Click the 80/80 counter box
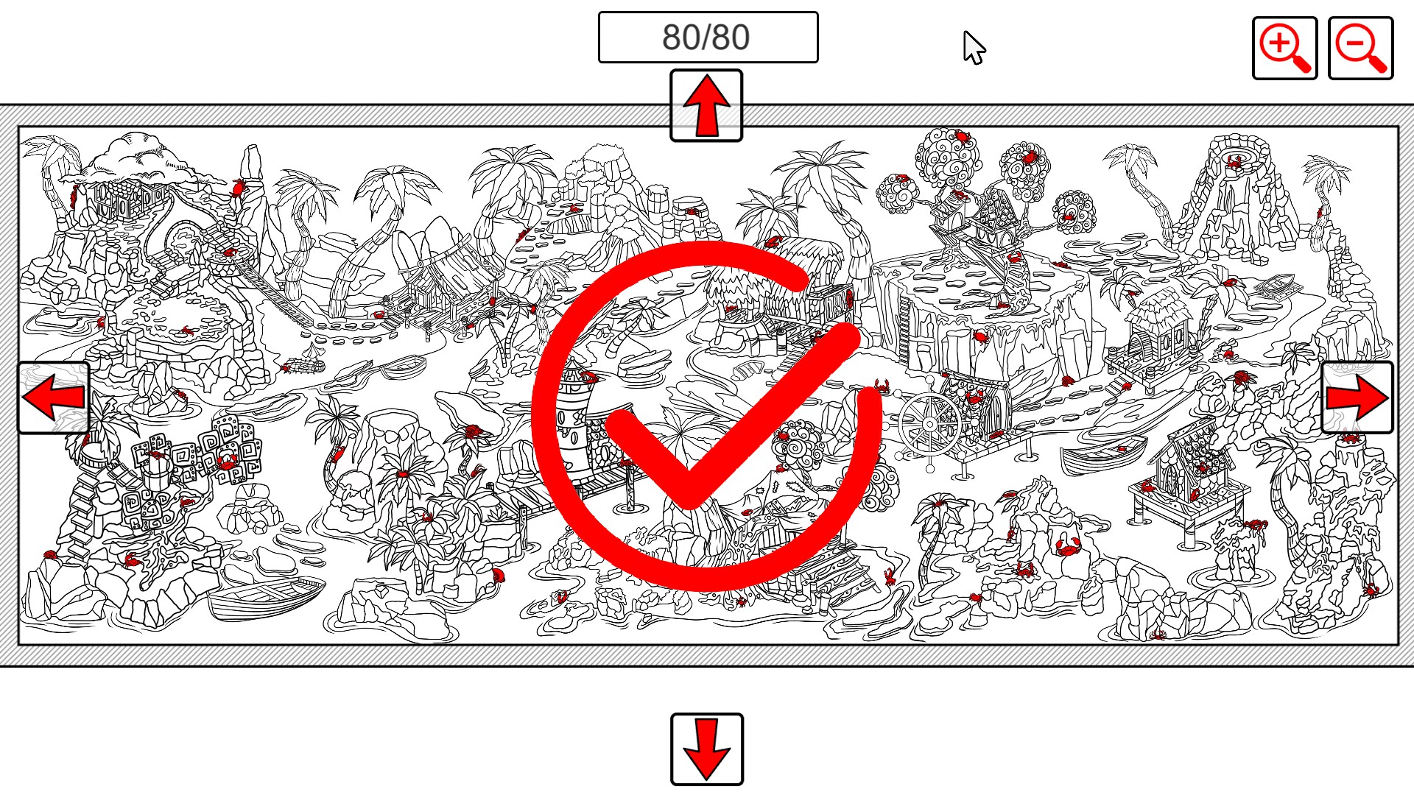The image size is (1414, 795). point(708,37)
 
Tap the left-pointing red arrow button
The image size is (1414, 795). point(54,397)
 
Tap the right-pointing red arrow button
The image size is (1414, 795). point(1357,397)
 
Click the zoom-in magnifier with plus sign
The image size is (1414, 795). point(1285,49)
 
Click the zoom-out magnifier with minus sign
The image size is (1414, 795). point(1361,49)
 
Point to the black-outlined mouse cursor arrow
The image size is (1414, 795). point(974,48)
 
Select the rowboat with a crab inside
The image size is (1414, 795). point(1103,453)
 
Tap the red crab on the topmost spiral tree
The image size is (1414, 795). point(961,136)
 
